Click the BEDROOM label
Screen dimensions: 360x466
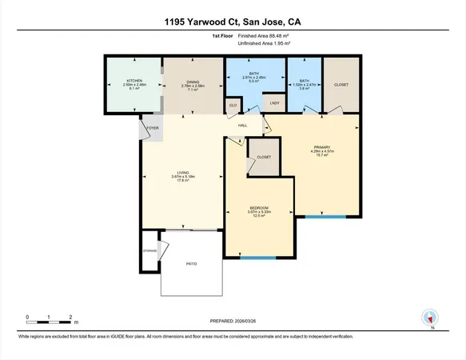[x=257, y=206]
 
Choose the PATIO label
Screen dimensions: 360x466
[x=191, y=263]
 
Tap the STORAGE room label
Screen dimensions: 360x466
[x=150, y=250]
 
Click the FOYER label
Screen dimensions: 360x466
[x=152, y=127]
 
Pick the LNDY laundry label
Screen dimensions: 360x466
[x=274, y=103]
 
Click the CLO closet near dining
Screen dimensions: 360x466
[x=233, y=105]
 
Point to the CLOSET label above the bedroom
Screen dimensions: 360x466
[x=264, y=157]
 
